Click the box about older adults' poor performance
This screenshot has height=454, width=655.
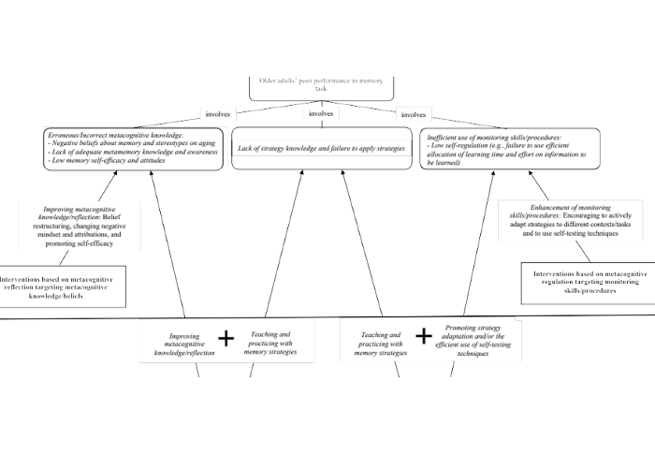click(x=321, y=85)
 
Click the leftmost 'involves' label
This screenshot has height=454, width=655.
click(x=218, y=114)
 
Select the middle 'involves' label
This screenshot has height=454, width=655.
click(x=321, y=114)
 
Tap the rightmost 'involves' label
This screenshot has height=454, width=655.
click(x=413, y=114)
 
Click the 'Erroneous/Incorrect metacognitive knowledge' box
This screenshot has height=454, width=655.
click(x=134, y=148)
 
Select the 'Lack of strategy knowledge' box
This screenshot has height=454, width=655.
click(x=321, y=148)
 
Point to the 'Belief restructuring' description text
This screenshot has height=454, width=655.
click(x=83, y=228)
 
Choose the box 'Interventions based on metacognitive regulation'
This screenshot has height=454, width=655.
click(x=583, y=283)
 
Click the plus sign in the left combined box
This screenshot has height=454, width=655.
click(x=226, y=338)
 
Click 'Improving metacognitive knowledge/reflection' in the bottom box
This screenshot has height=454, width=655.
click(x=183, y=344)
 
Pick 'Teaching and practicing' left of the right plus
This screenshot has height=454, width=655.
click(x=380, y=343)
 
